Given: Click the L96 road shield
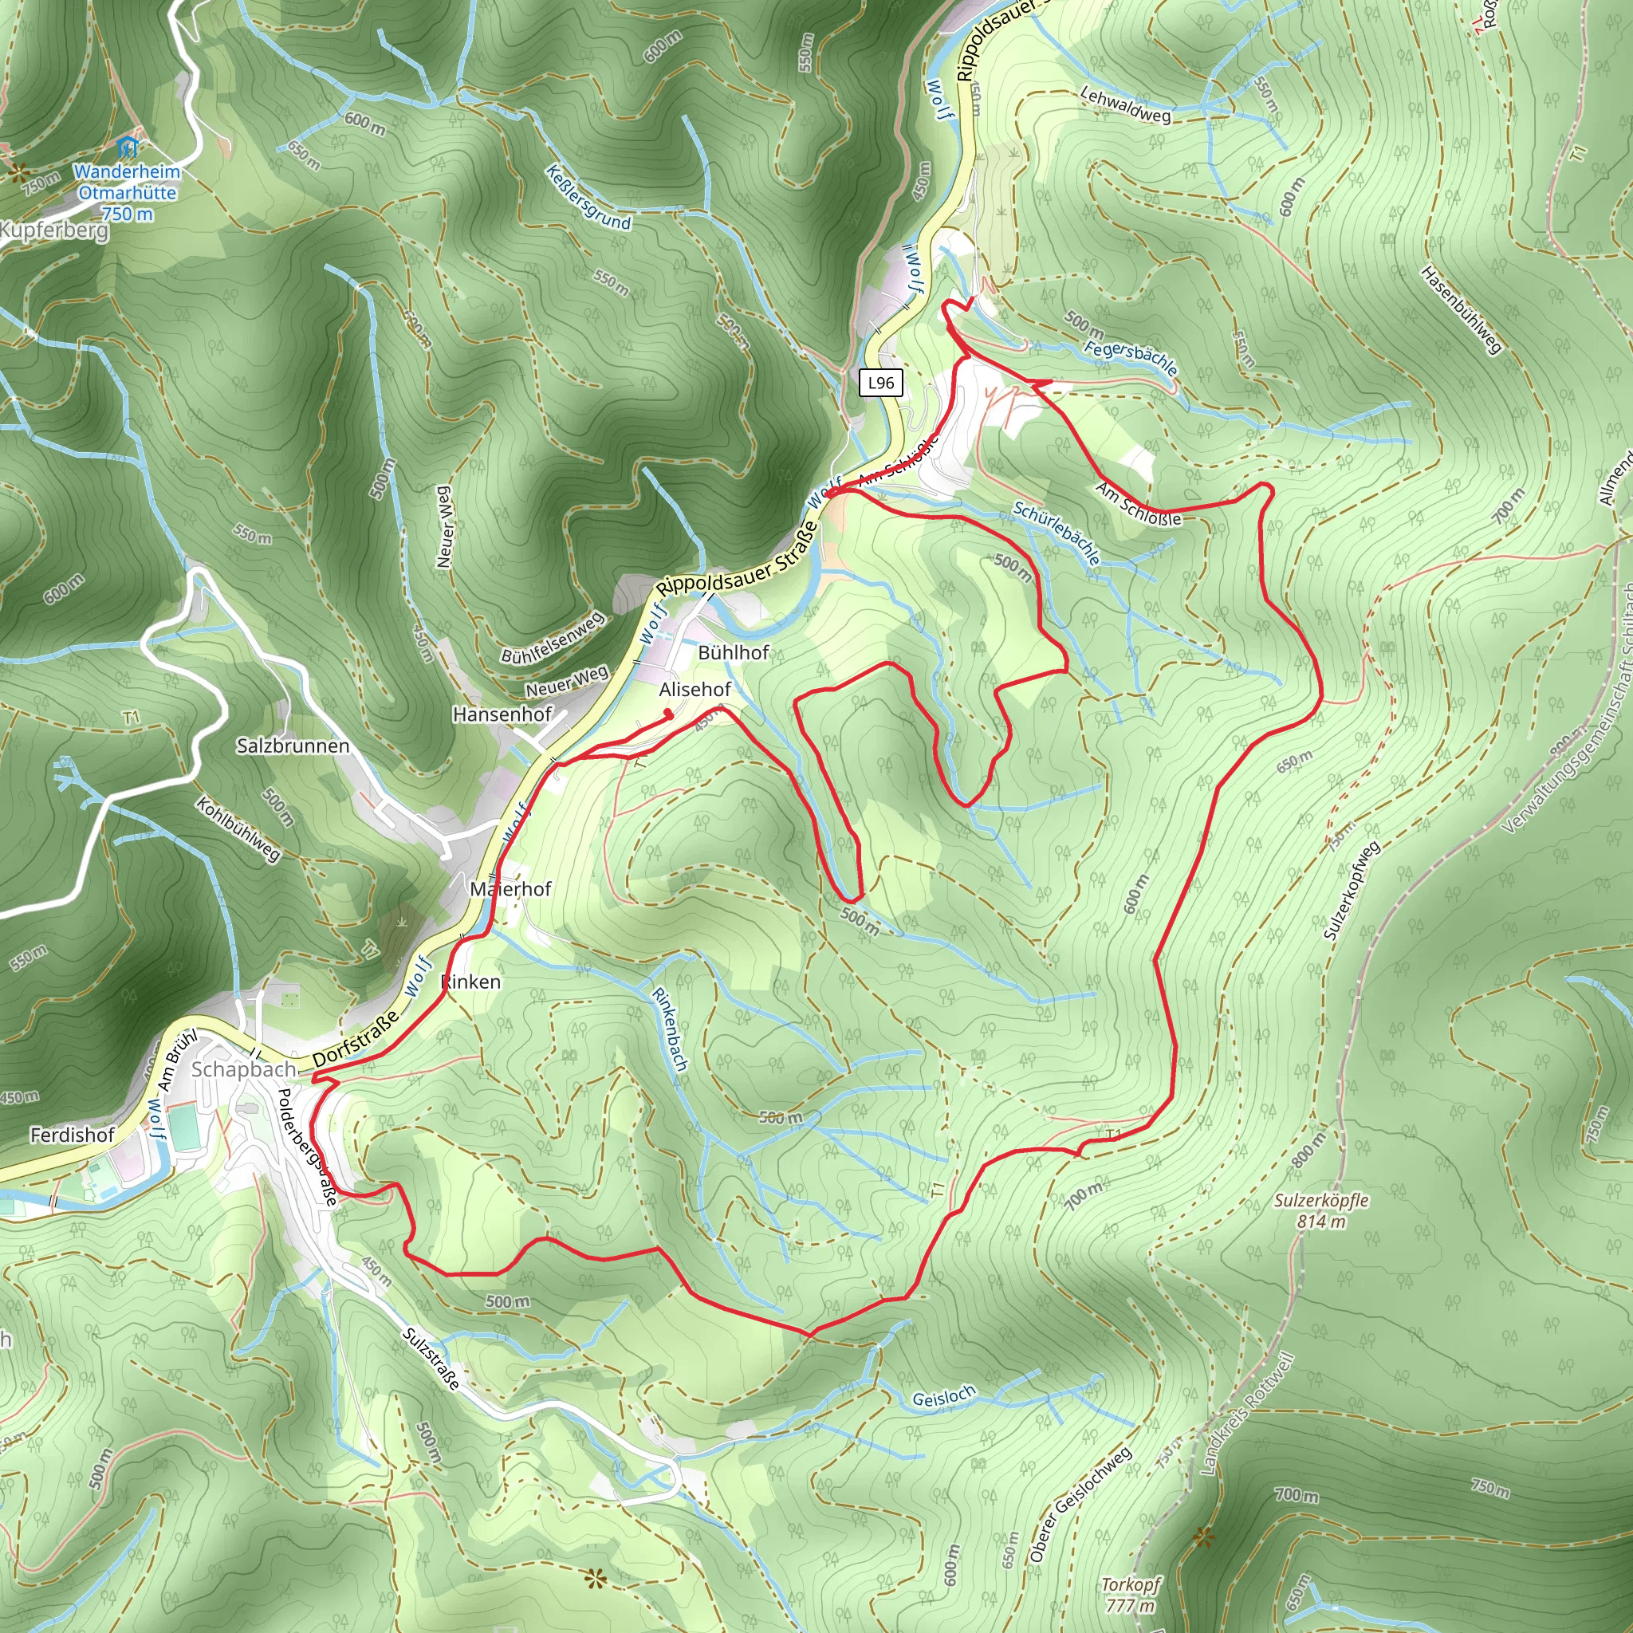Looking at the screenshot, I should [x=881, y=383].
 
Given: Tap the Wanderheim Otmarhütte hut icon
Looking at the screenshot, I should [x=127, y=146].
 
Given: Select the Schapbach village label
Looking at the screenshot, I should [x=243, y=1069].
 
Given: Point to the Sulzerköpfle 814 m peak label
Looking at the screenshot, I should [x=1321, y=1210].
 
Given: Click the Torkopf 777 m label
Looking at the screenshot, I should [x=1130, y=1594].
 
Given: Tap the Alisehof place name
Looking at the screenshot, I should [x=695, y=690].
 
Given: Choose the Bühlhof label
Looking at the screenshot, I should [x=734, y=652].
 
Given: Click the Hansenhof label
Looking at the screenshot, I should [x=502, y=714].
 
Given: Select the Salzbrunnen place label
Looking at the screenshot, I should [x=293, y=746].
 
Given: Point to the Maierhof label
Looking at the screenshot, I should [x=510, y=888].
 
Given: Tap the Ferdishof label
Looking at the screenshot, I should [x=73, y=1135].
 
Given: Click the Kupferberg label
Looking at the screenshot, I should [x=54, y=230].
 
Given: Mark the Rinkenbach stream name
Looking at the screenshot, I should [x=670, y=1029].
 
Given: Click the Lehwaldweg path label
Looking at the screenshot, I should [x=1126, y=104].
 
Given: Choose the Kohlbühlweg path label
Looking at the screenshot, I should [x=238, y=829].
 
